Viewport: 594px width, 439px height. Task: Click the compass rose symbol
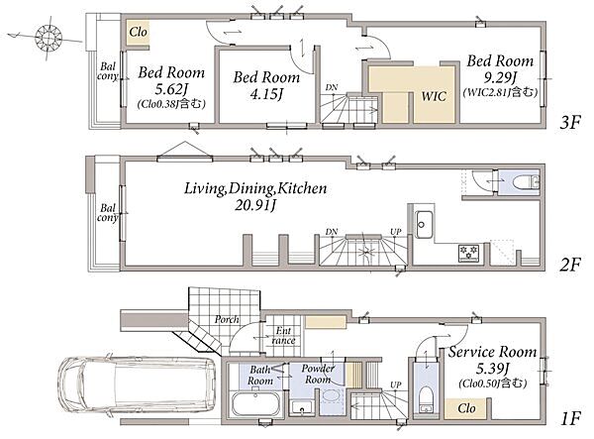[49, 37]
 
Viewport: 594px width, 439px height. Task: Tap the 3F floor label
[570, 123]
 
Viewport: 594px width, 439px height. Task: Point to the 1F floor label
[571, 418]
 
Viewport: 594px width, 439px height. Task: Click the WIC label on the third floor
[434, 96]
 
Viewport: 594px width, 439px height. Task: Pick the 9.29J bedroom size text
[500, 77]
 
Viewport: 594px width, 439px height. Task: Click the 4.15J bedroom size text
[266, 94]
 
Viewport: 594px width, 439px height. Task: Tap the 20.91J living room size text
[255, 205]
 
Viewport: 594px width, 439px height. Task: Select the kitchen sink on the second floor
[423, 224]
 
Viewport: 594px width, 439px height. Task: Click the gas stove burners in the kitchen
[468, 253]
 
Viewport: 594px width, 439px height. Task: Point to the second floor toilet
[526, 182]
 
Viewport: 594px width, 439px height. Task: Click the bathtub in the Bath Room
[256, 404]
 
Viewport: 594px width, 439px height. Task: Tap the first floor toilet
[427, 398]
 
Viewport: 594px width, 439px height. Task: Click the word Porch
[227, 319]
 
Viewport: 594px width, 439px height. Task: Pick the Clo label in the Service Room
[466, 408]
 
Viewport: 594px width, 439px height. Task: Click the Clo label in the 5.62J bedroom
[138, 32]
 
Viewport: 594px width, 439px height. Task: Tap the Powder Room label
[318, 374]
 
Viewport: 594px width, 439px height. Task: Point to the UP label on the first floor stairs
[396, 384]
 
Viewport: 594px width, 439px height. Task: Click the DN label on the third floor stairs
[332, 87]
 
